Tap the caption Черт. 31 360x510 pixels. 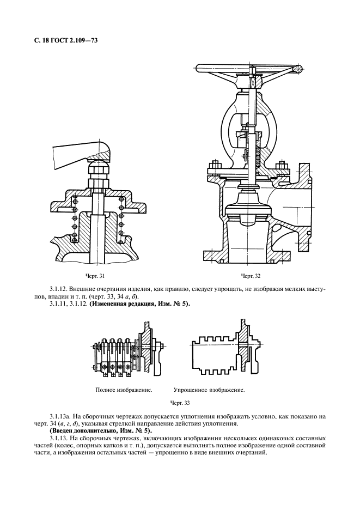pos(96,277)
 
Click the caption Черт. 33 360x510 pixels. pos(180,403)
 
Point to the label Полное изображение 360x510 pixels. pos(123,391)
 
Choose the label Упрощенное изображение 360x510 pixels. pos(209,391)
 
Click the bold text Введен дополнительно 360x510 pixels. pos(91,430)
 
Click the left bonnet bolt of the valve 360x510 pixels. pos(214,167)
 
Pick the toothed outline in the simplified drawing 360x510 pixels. pos(212,357)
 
